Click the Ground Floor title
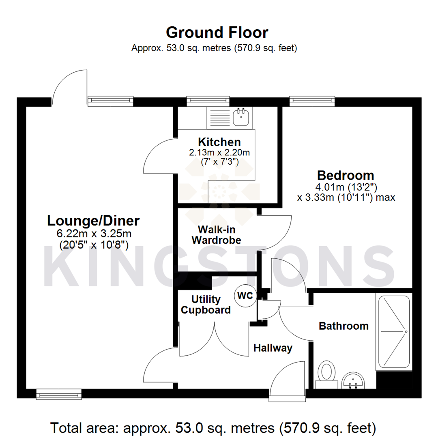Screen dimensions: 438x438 pos(217,32)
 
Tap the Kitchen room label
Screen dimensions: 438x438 pos(219,142)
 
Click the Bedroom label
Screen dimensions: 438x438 pos(346,176)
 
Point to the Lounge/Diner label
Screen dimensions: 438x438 pos(94,221)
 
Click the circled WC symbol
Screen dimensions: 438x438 pos(245,296)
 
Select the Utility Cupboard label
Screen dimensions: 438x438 pos(206,305)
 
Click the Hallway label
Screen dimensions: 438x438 pos(273,348)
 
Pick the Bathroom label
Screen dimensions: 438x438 pos(344,326)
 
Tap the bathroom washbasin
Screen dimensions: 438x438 pos(354,380)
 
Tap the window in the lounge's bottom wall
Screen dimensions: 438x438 pos(59,393)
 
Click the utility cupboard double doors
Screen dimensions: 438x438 pos(214,339)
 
